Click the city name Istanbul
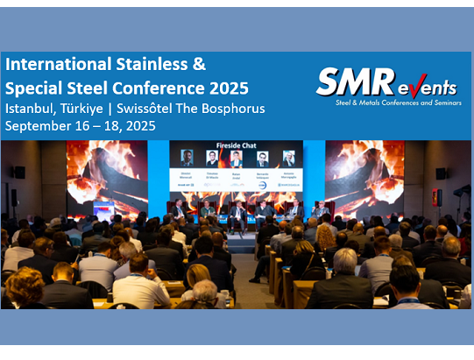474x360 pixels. (x=32, y=109)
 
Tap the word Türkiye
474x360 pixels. (x=93, y=109)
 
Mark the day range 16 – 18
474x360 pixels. (x=108, y=126)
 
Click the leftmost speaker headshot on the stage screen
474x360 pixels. (x=187, y=158)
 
